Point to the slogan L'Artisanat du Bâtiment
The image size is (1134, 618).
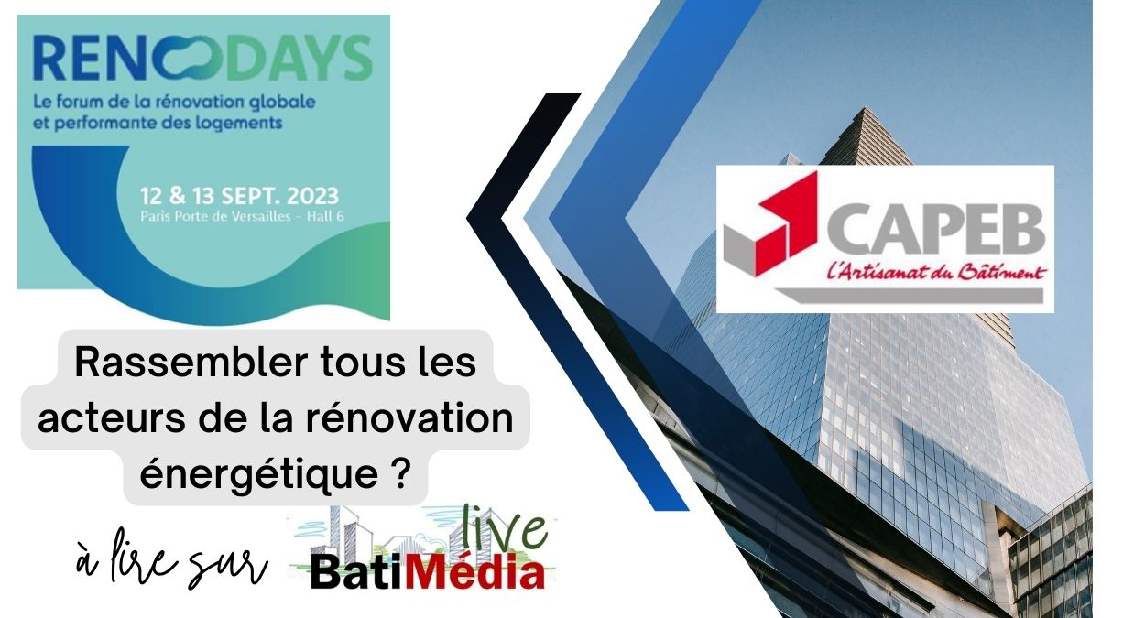point(936,272)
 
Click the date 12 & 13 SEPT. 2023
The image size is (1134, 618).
point(239,196)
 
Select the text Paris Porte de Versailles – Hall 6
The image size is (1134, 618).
point(242,217)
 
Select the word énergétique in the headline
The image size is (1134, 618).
point(258,475)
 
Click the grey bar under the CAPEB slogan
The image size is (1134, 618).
point(910,295)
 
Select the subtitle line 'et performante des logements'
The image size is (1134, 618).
point(158,123)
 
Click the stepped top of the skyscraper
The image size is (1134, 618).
point(867,126)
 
